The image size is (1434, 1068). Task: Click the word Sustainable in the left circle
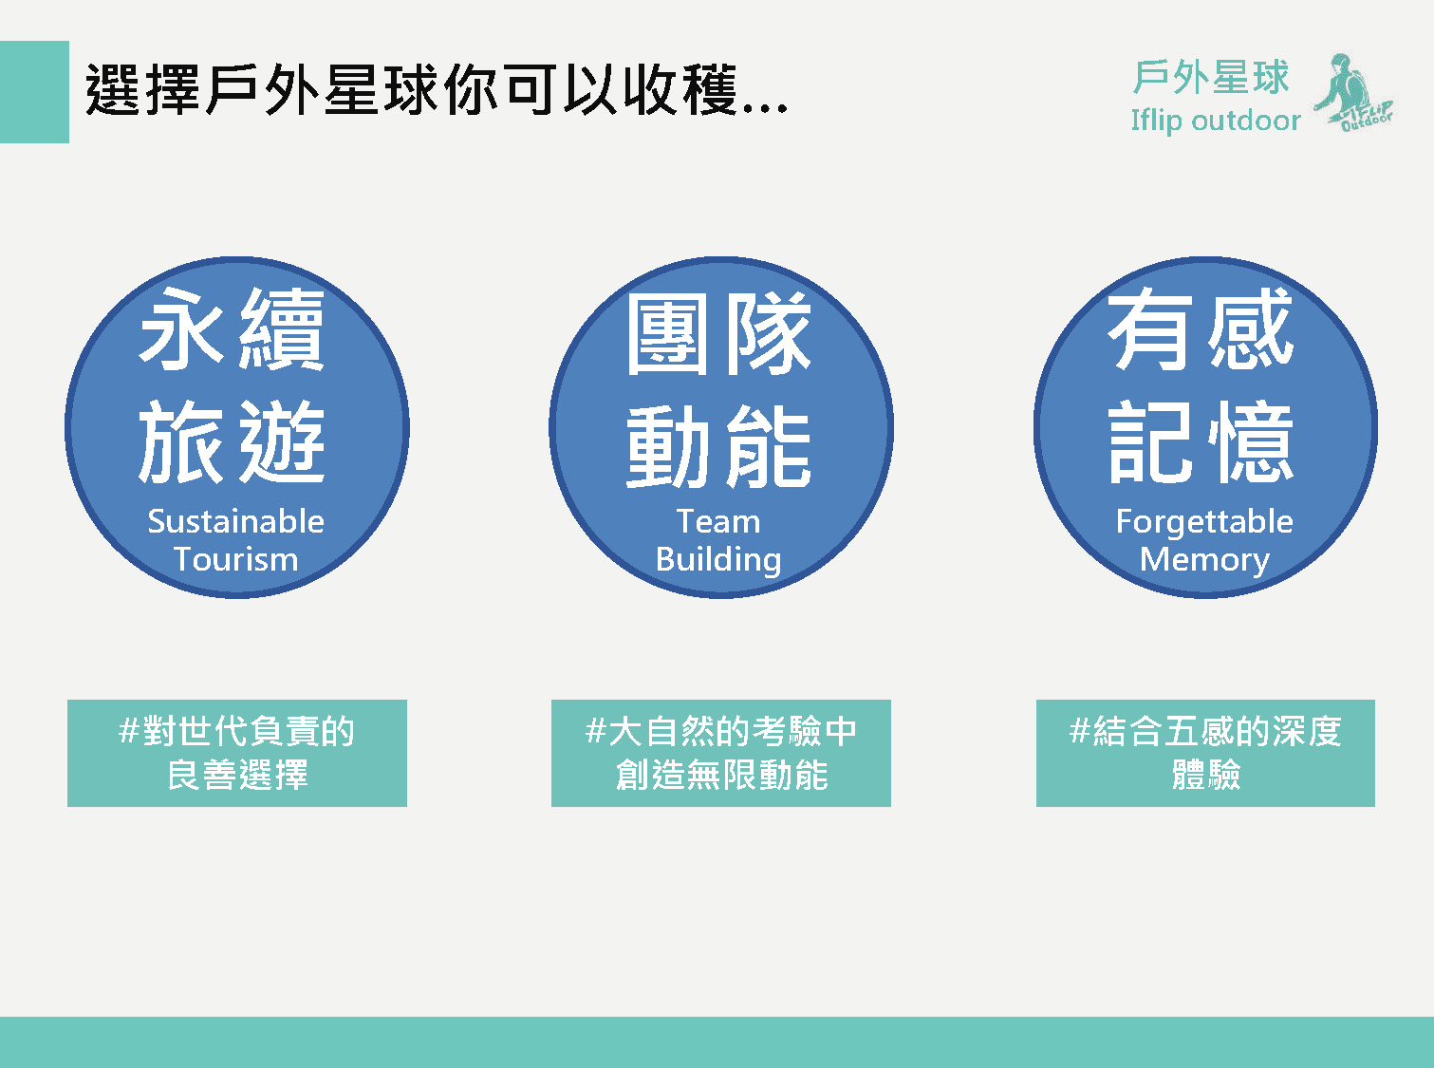tap(236, 521)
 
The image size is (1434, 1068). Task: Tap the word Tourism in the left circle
tap(236, 559)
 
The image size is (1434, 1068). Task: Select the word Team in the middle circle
tap(718, 521)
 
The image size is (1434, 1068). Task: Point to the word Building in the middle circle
tap(718, 560)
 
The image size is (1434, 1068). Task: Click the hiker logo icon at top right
tap(1353, 92)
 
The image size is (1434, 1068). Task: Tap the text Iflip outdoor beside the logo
tap(1216, 121)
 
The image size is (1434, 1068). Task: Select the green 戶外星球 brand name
tap(1211, 77)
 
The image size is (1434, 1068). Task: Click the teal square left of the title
tap(34, 92)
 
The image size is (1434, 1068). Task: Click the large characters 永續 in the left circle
tap(232, 329)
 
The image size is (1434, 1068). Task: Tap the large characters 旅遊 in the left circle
tap(232, 441)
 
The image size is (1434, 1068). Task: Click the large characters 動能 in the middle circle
tap(718, 446)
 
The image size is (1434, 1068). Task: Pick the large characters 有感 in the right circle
tap(1201, 329)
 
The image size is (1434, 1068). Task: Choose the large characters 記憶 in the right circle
tap(1201, 441)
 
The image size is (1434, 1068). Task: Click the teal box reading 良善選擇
tap(237, 753)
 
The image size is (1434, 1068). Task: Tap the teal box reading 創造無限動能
tap(721, 753)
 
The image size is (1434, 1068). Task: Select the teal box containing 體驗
tap(1206, 753)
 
